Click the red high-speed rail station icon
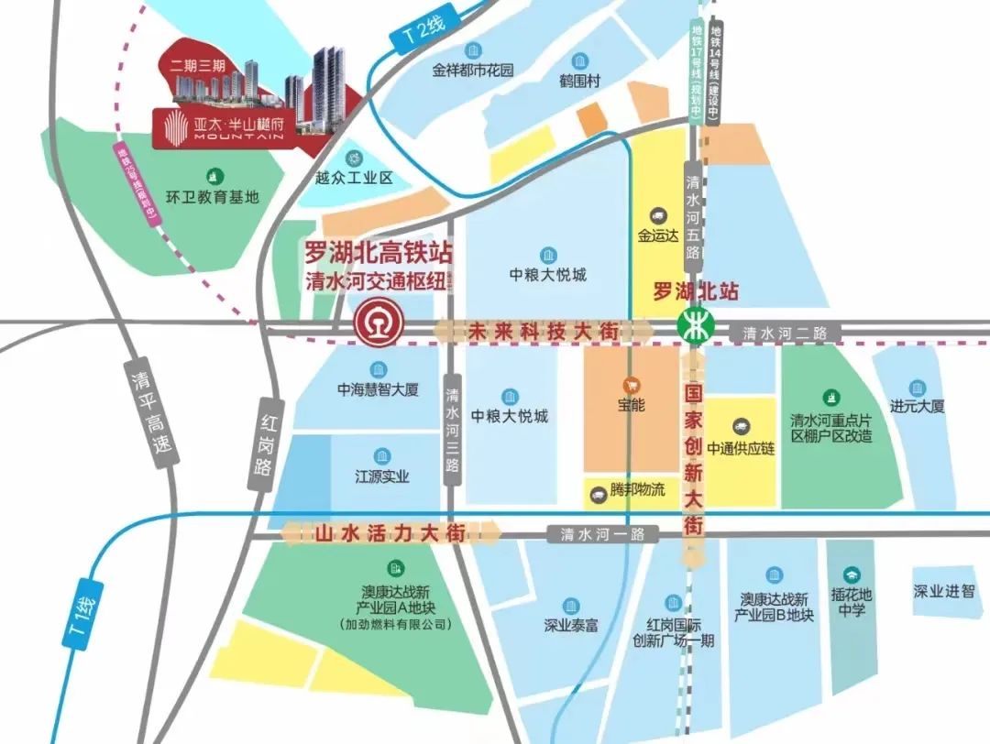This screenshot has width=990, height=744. (376, 326)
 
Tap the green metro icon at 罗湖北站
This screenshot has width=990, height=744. (694, 325)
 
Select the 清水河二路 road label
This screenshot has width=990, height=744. (785, 334)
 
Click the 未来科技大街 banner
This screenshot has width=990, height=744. (544, 330)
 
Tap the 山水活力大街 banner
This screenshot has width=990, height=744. (390, 532)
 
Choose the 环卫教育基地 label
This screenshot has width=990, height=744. (213, 196)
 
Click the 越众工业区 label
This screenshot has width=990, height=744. (354, 178)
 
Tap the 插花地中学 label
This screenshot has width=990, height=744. (852, 601)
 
